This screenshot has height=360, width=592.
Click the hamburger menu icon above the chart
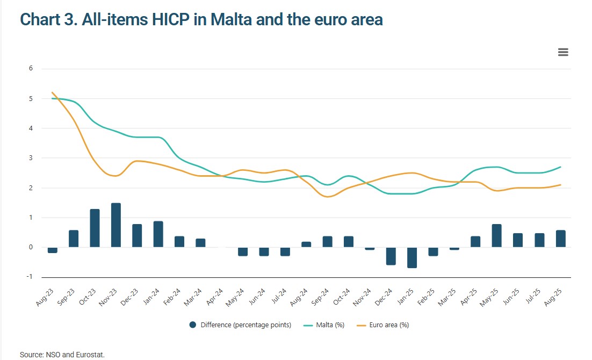(x=563, y=52)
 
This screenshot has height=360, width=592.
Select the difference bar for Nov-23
(x=115, y=225)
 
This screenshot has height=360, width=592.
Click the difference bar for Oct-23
(x=95, y=228)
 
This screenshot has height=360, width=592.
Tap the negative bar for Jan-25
(x=412, y=257)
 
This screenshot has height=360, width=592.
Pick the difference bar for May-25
(x=497, y=236)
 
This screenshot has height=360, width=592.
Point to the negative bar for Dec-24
(x=391, y=256)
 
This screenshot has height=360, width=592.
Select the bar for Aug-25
(x=560, y=239)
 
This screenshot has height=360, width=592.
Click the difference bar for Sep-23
(x=74, y=239)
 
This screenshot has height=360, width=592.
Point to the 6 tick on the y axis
(x=31, y=69)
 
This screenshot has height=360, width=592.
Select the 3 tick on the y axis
(x=31, y=158)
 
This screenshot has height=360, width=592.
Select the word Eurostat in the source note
(x=91, y=355)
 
